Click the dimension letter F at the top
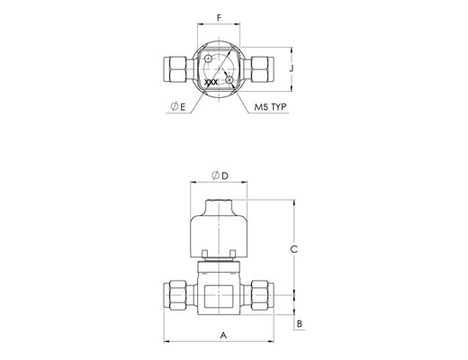pos(219,18)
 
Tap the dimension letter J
pos(291,68)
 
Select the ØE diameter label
pos(178,106)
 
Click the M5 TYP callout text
pos(270,107)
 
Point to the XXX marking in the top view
pos(211,82)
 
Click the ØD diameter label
pos(220,175)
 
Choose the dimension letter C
pos(294,249)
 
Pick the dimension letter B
pos(300,324)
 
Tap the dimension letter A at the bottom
pos(223,335)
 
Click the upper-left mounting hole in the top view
pos(208,58)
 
